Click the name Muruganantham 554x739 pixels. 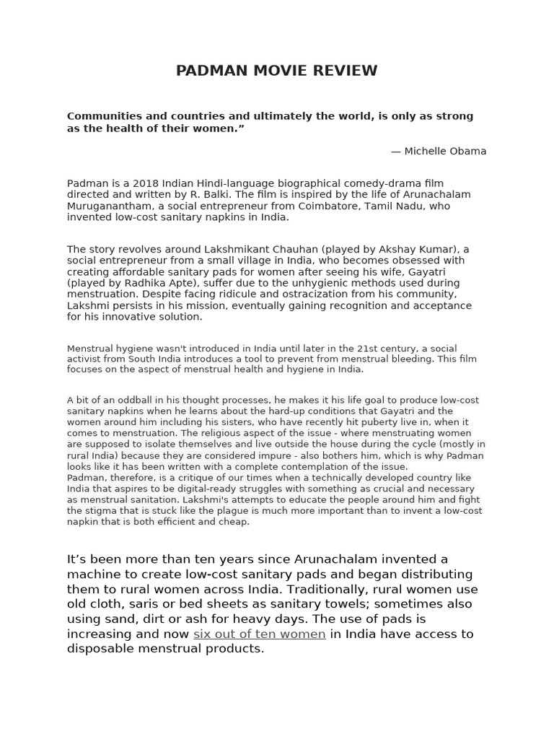pyautogui.click(x=104, y=206)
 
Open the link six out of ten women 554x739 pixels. pyautogui.click(x=259, y=634)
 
